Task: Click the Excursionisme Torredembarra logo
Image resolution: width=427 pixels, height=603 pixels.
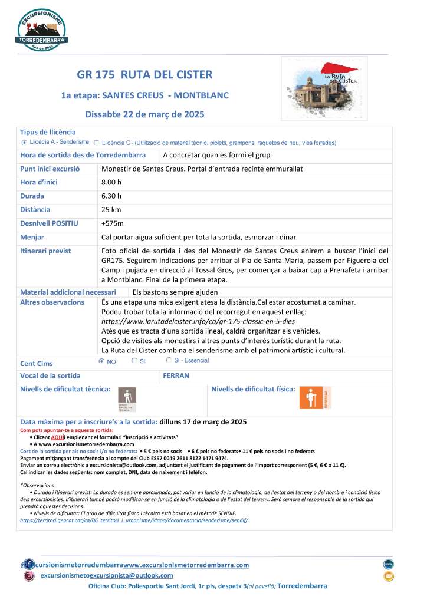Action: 42,30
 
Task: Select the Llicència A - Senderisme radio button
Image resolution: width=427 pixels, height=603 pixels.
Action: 24,143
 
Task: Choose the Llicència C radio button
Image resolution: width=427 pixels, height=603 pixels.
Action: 96,143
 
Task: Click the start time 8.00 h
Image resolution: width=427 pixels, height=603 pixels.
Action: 111,182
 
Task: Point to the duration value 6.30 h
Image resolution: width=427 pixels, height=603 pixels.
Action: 111,196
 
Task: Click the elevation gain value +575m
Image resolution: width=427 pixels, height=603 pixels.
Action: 113,223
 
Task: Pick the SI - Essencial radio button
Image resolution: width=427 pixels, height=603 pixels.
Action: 169,360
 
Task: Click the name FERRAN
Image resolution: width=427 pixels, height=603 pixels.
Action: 175,375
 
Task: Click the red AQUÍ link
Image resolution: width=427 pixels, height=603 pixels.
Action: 57,437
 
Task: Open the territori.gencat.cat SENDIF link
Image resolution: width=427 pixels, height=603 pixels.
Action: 134,520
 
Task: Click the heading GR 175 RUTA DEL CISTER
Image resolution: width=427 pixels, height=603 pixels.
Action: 144,75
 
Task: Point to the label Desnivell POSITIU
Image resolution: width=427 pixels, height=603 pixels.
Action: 49,223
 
